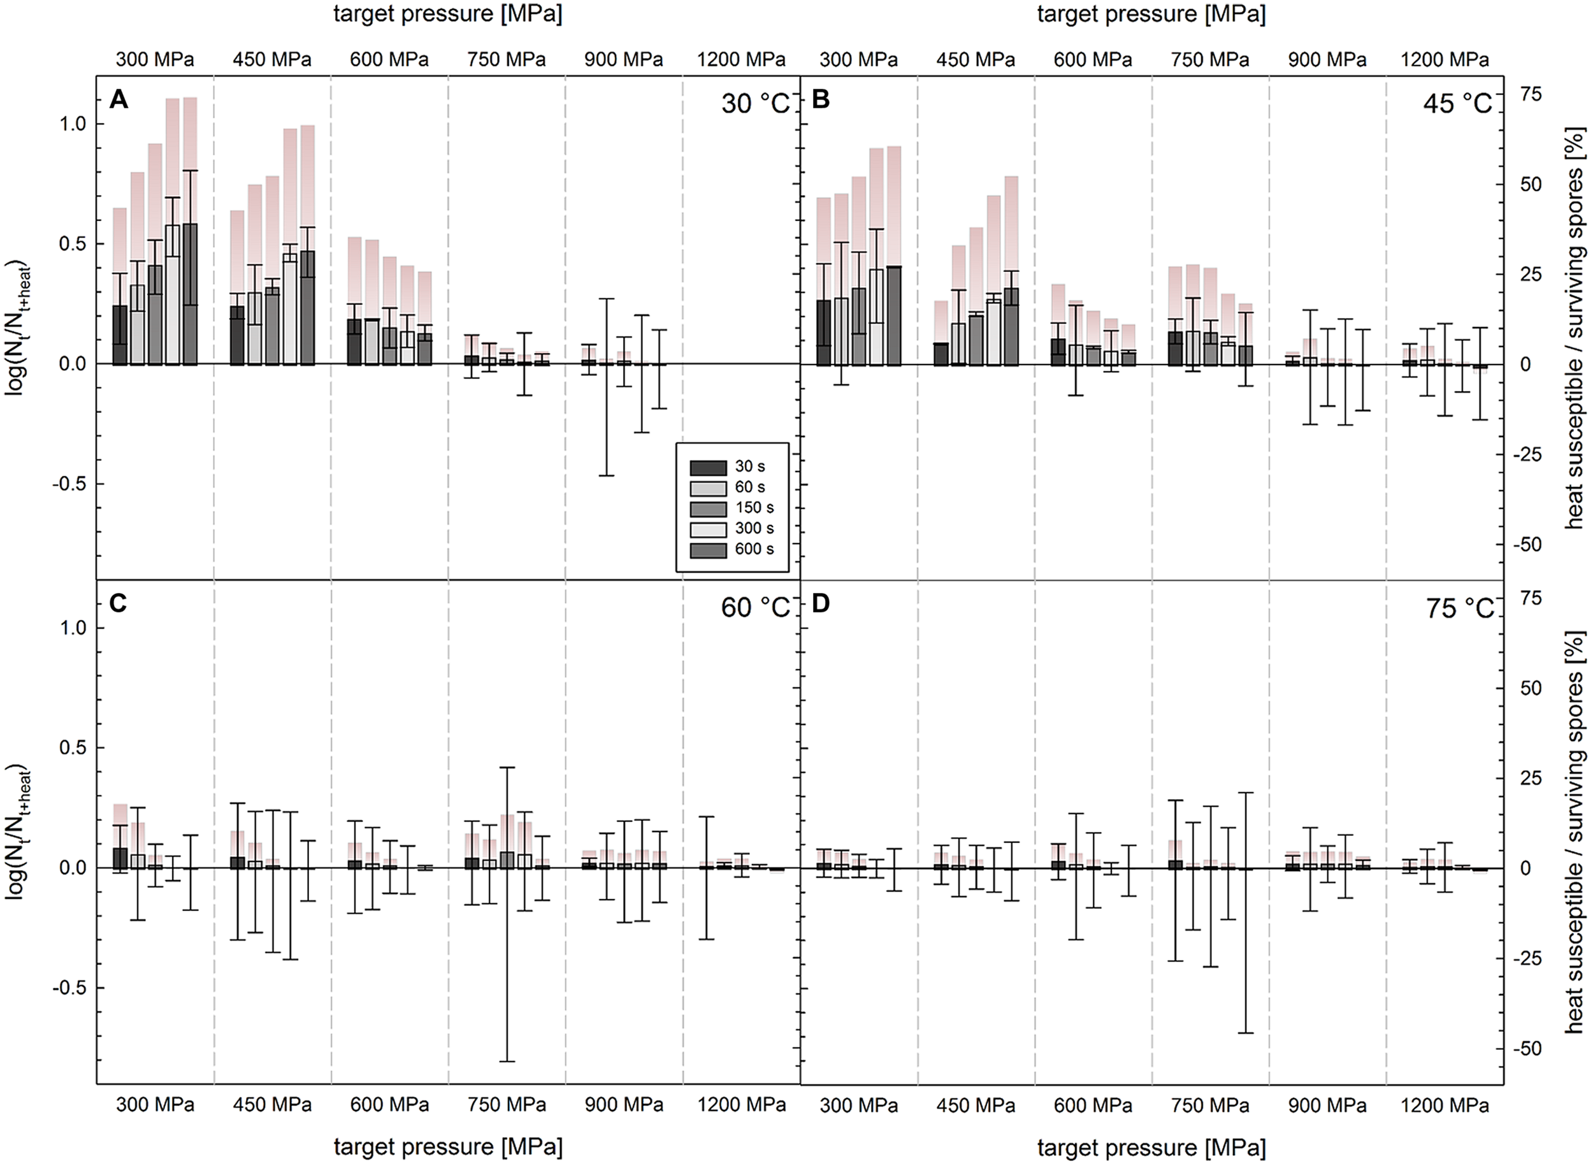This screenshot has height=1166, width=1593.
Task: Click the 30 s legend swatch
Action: coord(708,467)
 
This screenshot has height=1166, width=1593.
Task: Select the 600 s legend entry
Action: coord(753,549)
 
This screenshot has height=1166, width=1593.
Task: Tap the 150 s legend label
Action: coord(753,507)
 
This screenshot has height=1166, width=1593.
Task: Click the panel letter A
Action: coord(119,100)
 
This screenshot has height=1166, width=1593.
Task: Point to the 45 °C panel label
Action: coord(1457,104)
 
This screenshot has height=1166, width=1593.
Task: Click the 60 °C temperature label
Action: coord(754,608)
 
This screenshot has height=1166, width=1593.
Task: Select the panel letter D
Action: coord(821,604)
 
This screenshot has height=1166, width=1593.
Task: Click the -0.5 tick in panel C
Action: coord(67,988)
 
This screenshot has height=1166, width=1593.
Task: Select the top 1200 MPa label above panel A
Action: coord(741,60)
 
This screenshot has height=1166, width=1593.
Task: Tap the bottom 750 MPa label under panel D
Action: coord(1210,1105)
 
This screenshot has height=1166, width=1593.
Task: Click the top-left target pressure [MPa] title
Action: coord(447,14)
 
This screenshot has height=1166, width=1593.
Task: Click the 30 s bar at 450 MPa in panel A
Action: coord(238,335)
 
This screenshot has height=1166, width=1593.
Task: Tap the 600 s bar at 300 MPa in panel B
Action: coord(893,315)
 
